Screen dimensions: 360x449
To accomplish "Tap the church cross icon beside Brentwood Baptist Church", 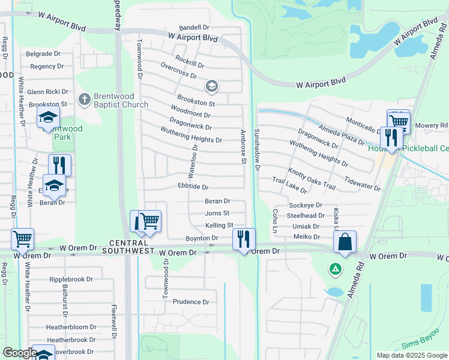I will tap(85, 97).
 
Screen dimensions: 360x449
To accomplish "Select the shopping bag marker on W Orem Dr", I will tap(345, 242).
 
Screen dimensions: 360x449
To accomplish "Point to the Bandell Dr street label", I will tap(194, 28).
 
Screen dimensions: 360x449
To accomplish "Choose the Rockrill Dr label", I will tap(190, 61).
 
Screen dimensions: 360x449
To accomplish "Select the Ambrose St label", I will tap(243, 146).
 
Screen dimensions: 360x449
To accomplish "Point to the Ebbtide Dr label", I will tap(193, 187).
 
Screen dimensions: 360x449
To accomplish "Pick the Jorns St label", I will tap(217, 213).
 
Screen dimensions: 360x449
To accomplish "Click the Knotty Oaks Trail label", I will tap(312, 178).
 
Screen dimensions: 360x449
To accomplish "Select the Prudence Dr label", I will tap(191, 302).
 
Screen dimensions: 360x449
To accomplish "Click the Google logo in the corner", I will tap(20, 353).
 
